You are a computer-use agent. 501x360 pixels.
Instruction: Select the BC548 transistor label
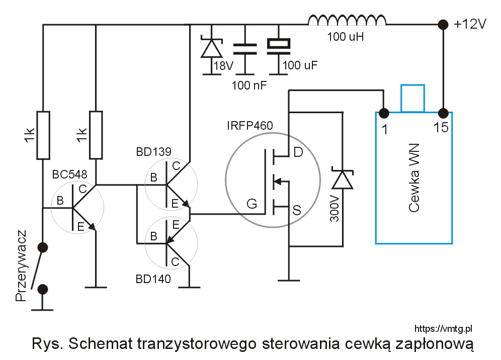(69, 174)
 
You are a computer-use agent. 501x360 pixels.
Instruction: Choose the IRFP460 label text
(250, 125)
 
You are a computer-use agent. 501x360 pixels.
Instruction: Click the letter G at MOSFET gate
(252, 204)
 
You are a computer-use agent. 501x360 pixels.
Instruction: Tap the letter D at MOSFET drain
(298, 152)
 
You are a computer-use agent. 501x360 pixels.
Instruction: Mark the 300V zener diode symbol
(343, 179)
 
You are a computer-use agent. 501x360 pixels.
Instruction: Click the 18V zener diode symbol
(211, 48)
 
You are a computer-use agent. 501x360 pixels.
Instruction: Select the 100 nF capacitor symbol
(245, 48)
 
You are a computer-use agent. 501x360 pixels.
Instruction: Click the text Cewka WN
(414, 177)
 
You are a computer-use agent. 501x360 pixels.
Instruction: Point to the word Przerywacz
(21, 266)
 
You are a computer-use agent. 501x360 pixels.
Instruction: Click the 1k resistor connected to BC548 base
(43, 135)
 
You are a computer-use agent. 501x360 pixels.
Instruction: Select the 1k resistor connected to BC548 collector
(96, 135)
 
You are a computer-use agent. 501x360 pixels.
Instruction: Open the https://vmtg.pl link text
(443, 328)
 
